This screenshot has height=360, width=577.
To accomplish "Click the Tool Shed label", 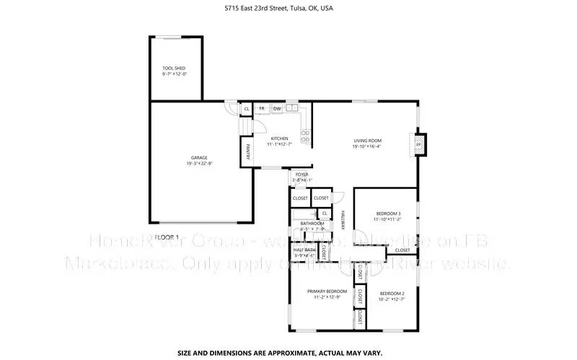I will coord(173,68).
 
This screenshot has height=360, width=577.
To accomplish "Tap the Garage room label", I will coord(199,157).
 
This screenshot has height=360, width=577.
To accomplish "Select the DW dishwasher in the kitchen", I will coord(276,109).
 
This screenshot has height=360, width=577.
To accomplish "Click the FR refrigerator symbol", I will coord(263,109).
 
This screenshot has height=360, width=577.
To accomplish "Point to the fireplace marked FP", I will coord(418,144).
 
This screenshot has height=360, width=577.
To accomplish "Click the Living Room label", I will coord(367,141).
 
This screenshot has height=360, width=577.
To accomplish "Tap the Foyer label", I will coord(301,174).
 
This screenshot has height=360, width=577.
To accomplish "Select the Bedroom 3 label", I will coord(388,213).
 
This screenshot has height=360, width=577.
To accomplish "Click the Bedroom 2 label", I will coord(391,293).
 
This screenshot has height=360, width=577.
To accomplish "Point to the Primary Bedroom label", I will coord(322,291).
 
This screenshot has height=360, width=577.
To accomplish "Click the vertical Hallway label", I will coord(343,220).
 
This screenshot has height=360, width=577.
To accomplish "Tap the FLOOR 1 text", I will coord(167,237).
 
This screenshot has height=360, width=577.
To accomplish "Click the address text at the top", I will coord(288,9).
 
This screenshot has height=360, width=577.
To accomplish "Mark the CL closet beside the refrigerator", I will coord(247,109).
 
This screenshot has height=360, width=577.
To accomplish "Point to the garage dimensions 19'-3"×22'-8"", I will coord(199,164).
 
